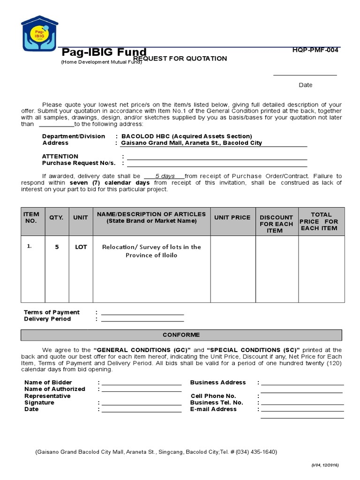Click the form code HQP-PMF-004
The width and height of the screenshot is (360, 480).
point(315,50)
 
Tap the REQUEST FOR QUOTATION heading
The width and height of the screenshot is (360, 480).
point(180,59)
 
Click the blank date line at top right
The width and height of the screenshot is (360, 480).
point(305,74)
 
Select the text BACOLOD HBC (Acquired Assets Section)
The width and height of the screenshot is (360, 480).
point(186,136)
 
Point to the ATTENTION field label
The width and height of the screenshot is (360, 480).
point(60,157)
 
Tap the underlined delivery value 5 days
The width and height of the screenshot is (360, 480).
point(165,176)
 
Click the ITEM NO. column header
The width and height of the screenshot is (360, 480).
point(31,217)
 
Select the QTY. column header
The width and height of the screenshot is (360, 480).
point(57,217)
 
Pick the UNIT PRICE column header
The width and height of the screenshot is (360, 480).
point(232,217)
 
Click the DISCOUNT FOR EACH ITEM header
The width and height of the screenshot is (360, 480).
point(276,224)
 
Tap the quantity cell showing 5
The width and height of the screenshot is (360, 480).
point(57,247)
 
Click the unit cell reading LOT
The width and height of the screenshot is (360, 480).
point(81,247)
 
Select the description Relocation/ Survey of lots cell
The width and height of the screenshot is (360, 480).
point(151,251)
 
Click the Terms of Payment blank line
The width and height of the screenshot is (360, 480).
point(142,313)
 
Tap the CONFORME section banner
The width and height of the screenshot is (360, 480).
point(181,335)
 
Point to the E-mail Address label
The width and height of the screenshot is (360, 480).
point(213,409)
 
